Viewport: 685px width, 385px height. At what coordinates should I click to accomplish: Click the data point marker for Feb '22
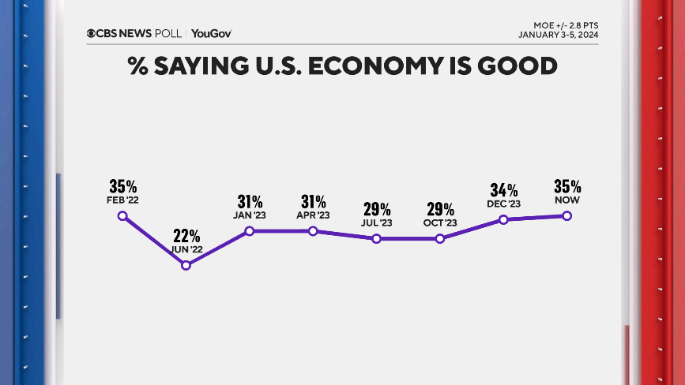click(122, 215)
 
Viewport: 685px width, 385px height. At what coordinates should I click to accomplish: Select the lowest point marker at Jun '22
click(186, 266)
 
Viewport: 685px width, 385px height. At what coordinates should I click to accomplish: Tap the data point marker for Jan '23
click(249, 231)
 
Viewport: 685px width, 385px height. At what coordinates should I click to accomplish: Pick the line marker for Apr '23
click(313, 231)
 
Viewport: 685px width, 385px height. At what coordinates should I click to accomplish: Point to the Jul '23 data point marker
click(376, 238)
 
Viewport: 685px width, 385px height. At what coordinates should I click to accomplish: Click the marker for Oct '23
click(440, 238)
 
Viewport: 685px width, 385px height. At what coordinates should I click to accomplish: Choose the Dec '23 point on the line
click(503, 219)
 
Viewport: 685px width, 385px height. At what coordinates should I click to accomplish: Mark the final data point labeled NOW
click(567, 216)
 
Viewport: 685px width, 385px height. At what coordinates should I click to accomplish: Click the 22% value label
click(186, 236)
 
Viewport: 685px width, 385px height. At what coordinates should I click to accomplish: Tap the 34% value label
click(503, 190)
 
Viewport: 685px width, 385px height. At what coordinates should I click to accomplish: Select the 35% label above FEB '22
click(122, 186)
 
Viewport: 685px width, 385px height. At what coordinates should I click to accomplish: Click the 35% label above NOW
click(567, 187)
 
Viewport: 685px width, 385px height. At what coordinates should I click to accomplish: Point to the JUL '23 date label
click(376, 223)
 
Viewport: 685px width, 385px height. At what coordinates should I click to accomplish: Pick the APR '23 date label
click(313, 215)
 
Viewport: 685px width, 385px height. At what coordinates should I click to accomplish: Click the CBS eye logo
click(91, 33)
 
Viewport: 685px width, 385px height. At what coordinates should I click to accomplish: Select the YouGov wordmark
click(211, 33)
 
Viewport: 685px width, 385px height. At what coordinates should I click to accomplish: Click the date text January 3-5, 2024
click(558, 35)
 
